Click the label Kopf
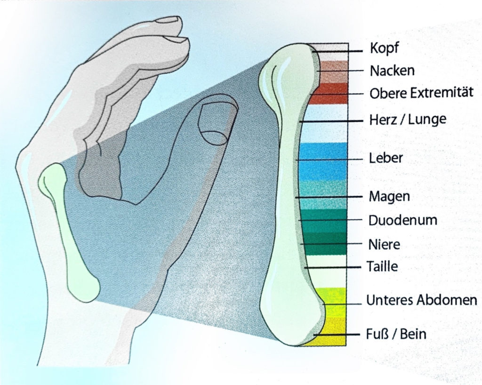point(384,48)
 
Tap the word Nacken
point(392,71)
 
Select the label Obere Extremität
point(421,93)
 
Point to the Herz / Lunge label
point(408,119)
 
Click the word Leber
point(386,158)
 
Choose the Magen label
point(389,197)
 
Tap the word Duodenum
point(403,220)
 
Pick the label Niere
point(384,244)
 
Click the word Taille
point(382,266)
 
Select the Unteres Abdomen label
point(422,300)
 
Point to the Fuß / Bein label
point(396,334)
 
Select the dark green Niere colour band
point(324,244)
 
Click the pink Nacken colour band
point(333,72)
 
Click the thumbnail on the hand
point(215,124)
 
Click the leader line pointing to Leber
point(329,160)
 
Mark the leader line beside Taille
point(333,268)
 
